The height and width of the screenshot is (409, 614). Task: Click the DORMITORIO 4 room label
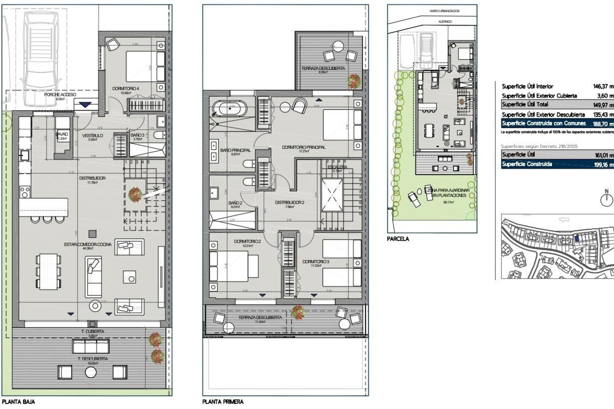[125, 89]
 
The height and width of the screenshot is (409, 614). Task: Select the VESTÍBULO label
[92, 135]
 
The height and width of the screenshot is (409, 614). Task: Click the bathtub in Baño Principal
[230, 109]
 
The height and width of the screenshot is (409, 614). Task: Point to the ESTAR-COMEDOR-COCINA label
[88, 244]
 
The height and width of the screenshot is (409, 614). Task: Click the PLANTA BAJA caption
[18, 402]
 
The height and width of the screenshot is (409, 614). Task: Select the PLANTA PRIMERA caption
[223, 402]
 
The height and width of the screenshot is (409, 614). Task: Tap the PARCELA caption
[398, 239]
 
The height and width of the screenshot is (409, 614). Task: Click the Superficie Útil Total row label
[525, 104]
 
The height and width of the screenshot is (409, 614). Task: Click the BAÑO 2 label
[235, 203]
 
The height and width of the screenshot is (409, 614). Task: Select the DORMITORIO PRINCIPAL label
[303, 147]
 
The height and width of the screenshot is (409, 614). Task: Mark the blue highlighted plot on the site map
[577, 238]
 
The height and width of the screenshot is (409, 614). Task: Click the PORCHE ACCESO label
[60, 95]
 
